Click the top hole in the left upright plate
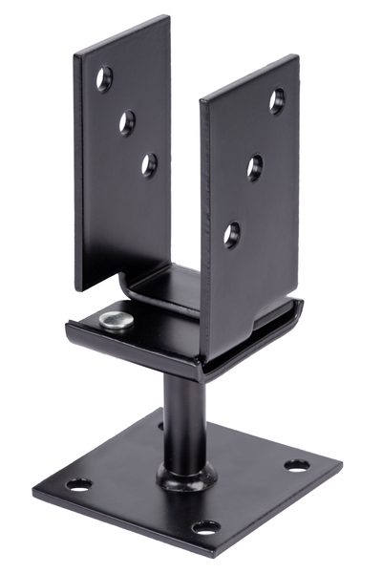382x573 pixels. (x=104, y=77)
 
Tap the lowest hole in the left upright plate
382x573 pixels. (x=149, y=164)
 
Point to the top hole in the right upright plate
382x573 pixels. (x=277, y=100)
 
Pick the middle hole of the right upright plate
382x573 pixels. (x=255, y=168)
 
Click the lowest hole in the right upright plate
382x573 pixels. (x=232, y=233)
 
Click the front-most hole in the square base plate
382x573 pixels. (x=205, y=527)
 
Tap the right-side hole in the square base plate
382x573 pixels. (x=297, y=465)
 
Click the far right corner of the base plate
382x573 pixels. (x=340, y=465)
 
